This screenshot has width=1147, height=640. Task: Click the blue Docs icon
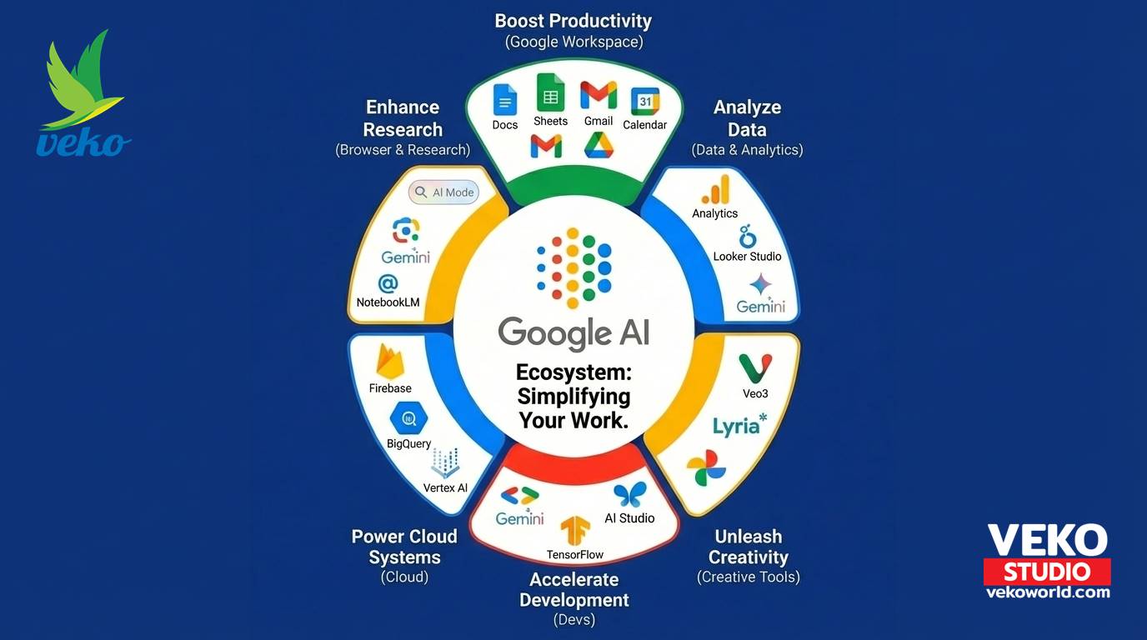click(x=505, y=100)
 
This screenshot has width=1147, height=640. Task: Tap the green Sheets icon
click(x=550, y=92)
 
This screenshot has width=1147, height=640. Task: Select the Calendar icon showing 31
click(x=645, y=102)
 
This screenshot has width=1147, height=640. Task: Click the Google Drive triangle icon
click(x=599, y=145)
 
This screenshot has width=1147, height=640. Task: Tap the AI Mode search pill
click(x=444, y=192)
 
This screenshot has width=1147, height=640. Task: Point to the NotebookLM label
click(x=388, y=302)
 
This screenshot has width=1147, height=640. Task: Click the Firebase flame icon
click(x=390, y=362)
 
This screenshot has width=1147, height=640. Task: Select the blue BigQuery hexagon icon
click(x=408, y=418)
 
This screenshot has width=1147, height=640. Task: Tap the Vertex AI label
click(x=445, y=488)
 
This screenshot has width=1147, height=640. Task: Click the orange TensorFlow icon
click(x=575, y=531)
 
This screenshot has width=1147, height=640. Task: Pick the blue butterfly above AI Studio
click(x=630, y=495)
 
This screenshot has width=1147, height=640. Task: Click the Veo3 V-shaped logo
click(x=755, y=368)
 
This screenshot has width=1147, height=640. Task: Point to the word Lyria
click(x=736, y=427)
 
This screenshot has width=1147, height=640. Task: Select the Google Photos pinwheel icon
click(x=706, y=468)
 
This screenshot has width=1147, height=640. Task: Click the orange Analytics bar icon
click(x=716, y=189)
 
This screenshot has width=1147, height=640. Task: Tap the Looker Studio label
click(x=747, y=257)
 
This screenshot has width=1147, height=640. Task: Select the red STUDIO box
click(x=1047, y=572)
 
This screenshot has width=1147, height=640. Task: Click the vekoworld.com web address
click(x=1048, y=592)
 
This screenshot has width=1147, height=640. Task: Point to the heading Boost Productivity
click(x=573, y=21)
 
